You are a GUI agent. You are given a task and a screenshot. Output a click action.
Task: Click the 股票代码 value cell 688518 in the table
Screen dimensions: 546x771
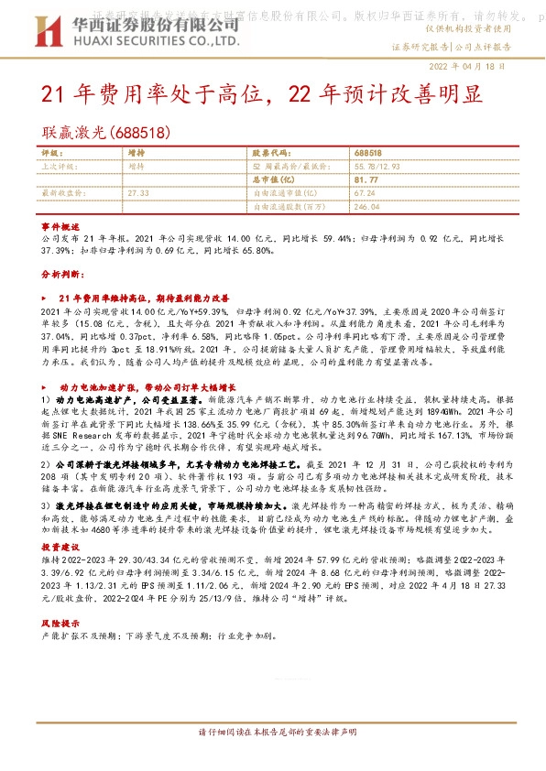coord(367,154)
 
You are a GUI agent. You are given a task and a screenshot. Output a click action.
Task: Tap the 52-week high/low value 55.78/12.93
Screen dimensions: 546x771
coord(377,168)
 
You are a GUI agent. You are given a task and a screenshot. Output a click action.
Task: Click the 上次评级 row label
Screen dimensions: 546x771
coord(58,168)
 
